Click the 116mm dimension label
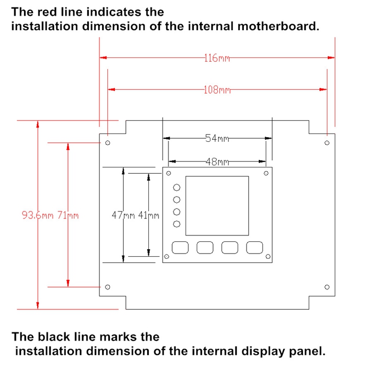tap(217, 58)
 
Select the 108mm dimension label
tap(217, 90)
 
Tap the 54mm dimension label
tap(217, 138)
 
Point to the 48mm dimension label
tap(217, 162)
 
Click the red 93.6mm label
tap(38, 215)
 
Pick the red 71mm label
tap(68, 215)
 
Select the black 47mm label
tap(123, 215)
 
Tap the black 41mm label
tap(149, 215)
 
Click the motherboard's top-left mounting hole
tap(107, 143)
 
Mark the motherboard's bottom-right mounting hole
tap(327, 287)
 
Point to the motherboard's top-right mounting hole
tap(327, 143)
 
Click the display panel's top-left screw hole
tap(168, 173)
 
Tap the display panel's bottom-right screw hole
tap(268, 257)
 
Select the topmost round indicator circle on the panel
tap(176, 188)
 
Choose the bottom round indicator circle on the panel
tap(176, 224)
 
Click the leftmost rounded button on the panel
tap(180, 248)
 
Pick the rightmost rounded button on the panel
tap(255, 248)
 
